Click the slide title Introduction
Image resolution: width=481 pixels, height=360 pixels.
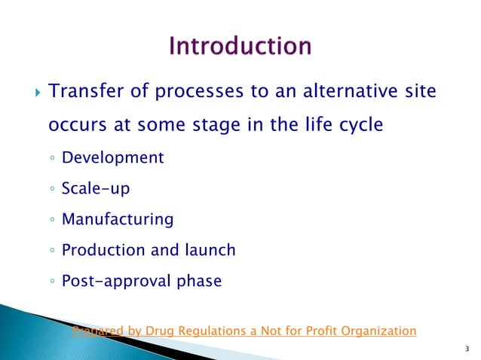(x=240, y=46)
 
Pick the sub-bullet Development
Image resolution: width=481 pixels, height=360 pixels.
(x=113, y=157)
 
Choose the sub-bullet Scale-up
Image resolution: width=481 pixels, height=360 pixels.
(x=96, y=189)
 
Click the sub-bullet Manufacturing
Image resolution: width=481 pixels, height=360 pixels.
(x=118, y=220)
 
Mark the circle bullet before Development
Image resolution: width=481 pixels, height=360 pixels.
(x=51, y=158)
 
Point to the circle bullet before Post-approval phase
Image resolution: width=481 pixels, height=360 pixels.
(x=51, y=282)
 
